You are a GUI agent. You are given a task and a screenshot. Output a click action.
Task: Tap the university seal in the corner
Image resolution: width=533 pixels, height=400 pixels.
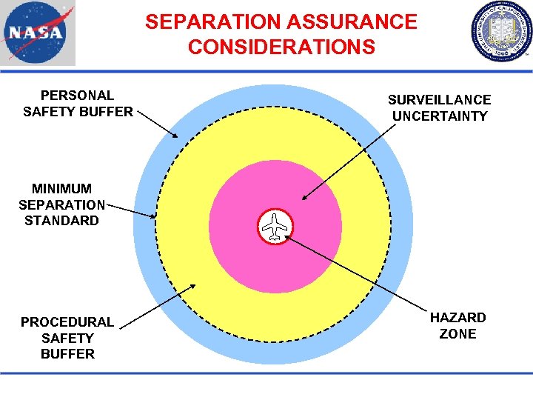tap(501, 33)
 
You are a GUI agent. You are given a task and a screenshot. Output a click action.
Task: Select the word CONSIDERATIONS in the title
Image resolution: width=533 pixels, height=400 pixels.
tap(281, 47)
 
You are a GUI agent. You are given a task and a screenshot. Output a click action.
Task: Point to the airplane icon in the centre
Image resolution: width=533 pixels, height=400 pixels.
tap(275, 227)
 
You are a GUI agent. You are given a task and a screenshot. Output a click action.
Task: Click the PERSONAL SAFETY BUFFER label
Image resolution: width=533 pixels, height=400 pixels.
tap(78, 104)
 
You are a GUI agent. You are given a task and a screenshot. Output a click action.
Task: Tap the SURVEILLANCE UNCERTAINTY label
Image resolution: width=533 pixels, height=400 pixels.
tap(440, 107)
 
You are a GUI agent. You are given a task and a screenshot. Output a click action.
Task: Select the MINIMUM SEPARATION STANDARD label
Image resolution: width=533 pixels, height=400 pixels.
tap(62, 204)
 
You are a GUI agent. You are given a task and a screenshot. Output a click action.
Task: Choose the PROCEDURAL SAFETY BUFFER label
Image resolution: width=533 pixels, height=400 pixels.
tap(67, 337)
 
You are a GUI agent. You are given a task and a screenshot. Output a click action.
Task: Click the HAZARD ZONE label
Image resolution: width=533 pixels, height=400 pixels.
tap(458, 325)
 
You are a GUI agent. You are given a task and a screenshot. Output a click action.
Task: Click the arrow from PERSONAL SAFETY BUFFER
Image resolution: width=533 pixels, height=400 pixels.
tap(158, 124)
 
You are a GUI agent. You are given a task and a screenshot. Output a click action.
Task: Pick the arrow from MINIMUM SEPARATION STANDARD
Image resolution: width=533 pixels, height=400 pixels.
tap(130, 210)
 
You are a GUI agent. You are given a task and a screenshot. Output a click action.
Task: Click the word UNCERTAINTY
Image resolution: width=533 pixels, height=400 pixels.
tap(440, 116)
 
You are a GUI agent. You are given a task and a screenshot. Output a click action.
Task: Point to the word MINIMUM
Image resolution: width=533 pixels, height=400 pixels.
tap(62, 188)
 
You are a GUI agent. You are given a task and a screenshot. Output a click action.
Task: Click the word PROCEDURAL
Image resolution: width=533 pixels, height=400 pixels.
tap(67, 321)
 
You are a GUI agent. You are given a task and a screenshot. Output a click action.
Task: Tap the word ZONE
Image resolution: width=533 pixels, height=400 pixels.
tap(458, 333)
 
